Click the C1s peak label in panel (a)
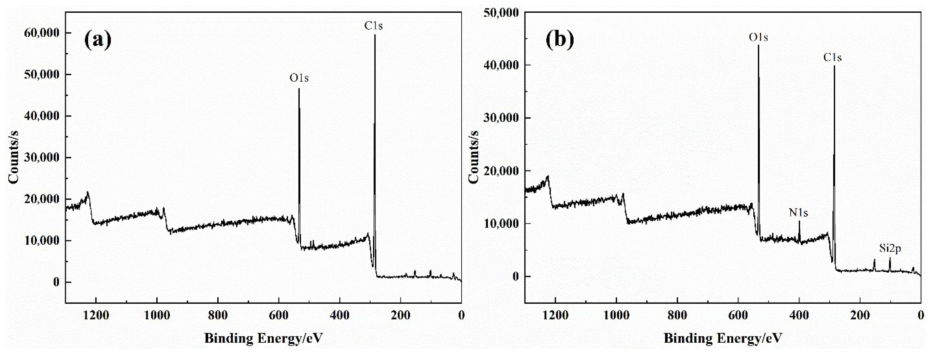click(373, 26)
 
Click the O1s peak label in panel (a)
click(299, 78)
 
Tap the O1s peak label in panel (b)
click(758, 38)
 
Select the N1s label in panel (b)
click(798, 213)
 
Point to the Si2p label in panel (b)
click(890, 249)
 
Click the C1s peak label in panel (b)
click(833, 58)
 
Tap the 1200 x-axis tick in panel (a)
click(96, 316)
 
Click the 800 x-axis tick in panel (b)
click(677, 316)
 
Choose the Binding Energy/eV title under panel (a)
click(264, 338)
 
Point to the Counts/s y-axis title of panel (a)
click(13, 157)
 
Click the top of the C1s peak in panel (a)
click(375, 35)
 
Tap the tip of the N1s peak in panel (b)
click(799, 221)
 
